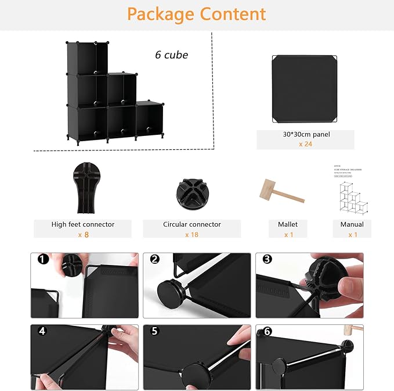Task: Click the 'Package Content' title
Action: (x=197, y=14)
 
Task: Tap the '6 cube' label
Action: (x=171, y=55)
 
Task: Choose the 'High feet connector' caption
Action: (x=83, y=224)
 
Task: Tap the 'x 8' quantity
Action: (x=83, y=234)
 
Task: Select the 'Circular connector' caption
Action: (x=192, y=224)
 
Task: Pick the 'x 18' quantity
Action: (x=192, y=234)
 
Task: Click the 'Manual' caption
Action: (x=352, y=224)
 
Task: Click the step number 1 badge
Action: (x=43, y=259)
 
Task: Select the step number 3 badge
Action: (x=267, y=259)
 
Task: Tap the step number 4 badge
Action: (x=42, y=331)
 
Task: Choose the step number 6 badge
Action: (x=267, y=331)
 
